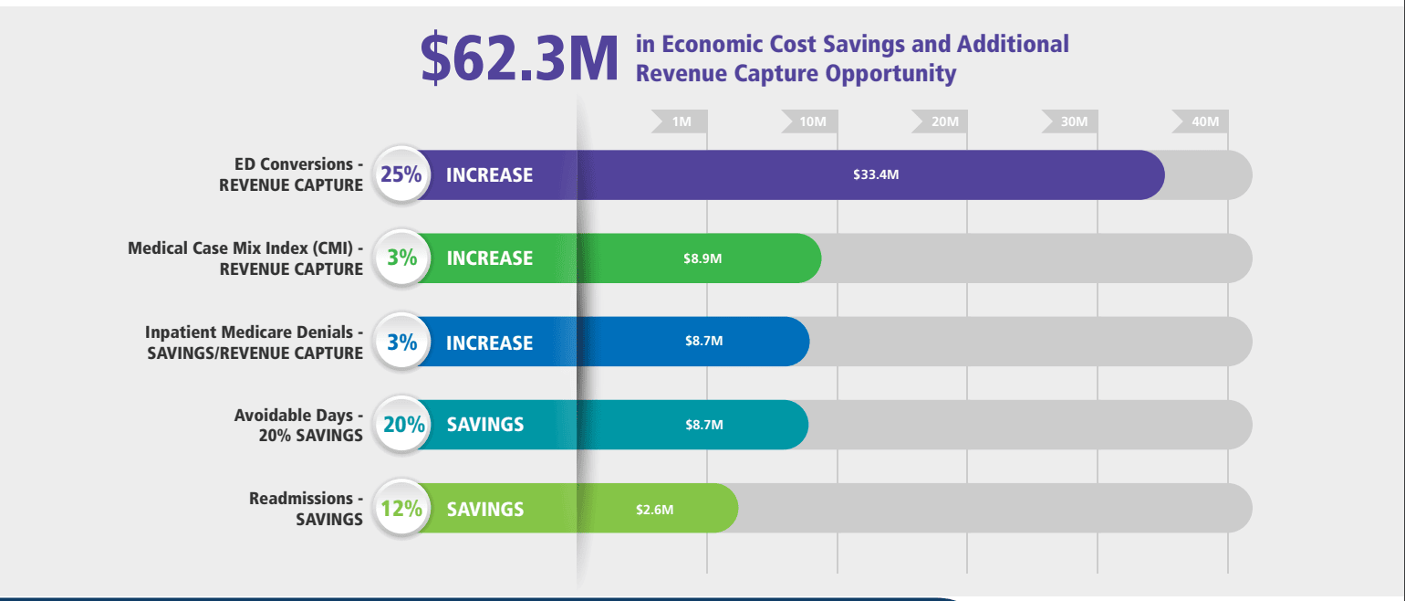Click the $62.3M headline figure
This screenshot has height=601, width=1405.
pyautogui.click(x=519, y=58)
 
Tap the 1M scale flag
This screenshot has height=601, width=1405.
pyautogui.click(x=681, y=121)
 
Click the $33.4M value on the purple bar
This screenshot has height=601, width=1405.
pyautogui.click(x=876, y=174)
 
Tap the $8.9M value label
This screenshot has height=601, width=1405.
pyautogui.click(x=702, y=258)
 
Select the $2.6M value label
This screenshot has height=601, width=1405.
pyautogui.click(x=655, y=509)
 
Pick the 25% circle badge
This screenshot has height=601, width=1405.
pyautogui.click(x=401, y=174)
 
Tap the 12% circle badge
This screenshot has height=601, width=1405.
pyautogui.click(x=401, y=509)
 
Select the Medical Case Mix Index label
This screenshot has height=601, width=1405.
pyautogui.click(x=245, y=258)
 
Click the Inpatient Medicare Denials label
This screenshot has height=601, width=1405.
pyautogui.click(x=255, y=343)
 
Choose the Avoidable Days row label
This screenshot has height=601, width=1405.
pyautogui.click(x=297, y=425)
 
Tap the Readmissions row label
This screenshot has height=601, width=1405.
pyautogui.click(x=306, y=509)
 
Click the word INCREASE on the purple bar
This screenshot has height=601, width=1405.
pyautogui.click(x=489, y=175)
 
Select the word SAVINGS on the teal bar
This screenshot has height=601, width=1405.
pyautogui.click(x=485, y=425)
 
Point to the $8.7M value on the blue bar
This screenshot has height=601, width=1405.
pyautogui.click(x=703, y=342)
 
